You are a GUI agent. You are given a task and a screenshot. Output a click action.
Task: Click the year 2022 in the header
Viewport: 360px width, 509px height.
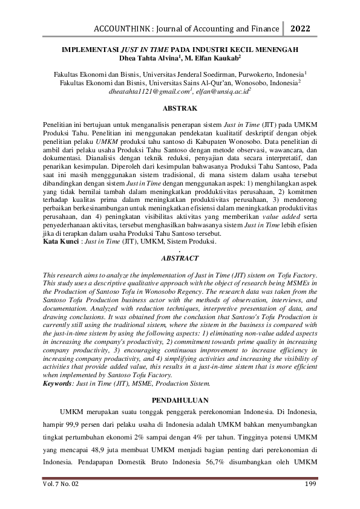tap(301, 27)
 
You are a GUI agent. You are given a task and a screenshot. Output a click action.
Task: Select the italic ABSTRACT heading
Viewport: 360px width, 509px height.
tap(180, 258)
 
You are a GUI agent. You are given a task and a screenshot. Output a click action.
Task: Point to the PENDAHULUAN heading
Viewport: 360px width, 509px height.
tap(180, 400)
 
